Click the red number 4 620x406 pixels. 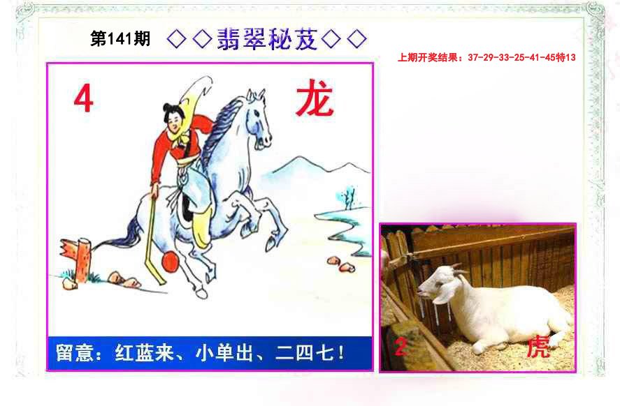click(83, 100)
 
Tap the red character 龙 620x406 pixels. click(315, 98)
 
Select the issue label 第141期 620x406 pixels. click(120, 38)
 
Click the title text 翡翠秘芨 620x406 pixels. click(267, 39)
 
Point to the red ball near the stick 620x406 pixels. click(171, 262)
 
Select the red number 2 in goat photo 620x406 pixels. click(400, 347)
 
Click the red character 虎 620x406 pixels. click(538, 347)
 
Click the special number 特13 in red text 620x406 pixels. click(565, 58)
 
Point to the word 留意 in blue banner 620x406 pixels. click(74, 352)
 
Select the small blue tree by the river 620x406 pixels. click(347, 197)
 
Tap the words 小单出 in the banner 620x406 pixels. click(224, 352)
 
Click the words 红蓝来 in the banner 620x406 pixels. click(144, 352)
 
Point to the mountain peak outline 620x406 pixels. click(299, 158)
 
